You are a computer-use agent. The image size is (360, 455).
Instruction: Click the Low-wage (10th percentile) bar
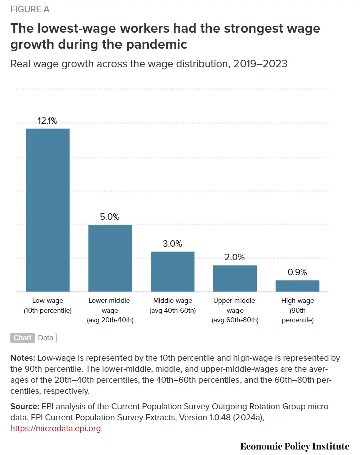tap(48, 210)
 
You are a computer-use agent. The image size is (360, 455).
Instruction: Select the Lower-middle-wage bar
tap(110, 258)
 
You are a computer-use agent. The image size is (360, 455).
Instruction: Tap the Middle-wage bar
tap(173, 271)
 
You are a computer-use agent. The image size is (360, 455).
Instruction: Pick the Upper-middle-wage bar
tap(235, 278)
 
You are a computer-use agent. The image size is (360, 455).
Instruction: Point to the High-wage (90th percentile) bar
tap(297, 286)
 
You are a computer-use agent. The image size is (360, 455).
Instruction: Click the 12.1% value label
tap(48, 121)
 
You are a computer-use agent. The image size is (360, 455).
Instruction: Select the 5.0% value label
tap(110, 217)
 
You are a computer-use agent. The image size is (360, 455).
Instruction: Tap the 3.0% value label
tap(173, 244)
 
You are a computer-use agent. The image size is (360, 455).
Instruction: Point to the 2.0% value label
tap(235, 257)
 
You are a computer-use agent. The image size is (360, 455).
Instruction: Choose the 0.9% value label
tap(297, 272)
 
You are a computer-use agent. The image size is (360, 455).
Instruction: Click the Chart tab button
tap(22, 338)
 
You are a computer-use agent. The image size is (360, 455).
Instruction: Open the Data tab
tap(45, 338)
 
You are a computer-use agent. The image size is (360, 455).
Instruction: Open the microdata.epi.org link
tap(56, 429)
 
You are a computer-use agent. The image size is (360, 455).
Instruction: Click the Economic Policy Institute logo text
tap(294, 446)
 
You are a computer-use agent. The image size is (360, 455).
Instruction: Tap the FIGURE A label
tap(30, 9)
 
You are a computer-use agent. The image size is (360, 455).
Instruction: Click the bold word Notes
tap(22, 358)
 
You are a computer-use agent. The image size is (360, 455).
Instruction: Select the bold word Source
tap(24, 406)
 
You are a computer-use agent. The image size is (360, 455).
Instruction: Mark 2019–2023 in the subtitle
tap(260, 64)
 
